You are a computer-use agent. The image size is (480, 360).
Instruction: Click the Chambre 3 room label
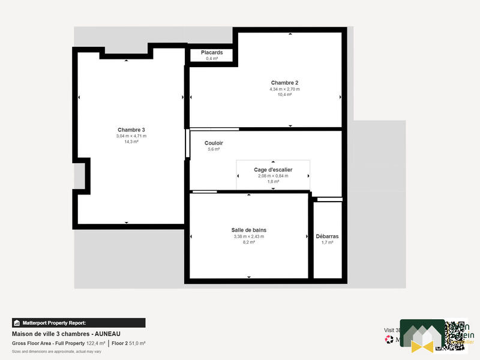(131, 130)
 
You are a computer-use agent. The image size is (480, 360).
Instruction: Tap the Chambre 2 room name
(284, 83)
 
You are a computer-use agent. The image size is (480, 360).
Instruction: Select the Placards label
(212, 53)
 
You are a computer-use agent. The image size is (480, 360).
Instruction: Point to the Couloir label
(214, 143)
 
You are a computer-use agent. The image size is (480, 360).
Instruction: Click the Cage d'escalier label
(273, 170)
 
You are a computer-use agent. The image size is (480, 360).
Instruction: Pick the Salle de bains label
(248, 230)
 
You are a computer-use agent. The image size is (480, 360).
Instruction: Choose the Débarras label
(328, 236)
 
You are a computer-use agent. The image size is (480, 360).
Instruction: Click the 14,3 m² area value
(131, 142)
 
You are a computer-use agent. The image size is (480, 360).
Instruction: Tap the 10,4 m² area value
(284, 95)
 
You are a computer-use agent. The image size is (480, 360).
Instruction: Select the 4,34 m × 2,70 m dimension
(284, 89)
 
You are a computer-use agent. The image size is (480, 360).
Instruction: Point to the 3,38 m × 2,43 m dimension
(248, 236)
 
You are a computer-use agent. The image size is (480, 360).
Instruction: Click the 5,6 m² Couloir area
(214, 149)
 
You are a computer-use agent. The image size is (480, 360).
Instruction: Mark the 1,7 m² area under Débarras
(328, 242)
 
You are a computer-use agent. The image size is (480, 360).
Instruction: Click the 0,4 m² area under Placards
(212, 59)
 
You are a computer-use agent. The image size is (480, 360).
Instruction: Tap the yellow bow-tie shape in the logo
(422, 346)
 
